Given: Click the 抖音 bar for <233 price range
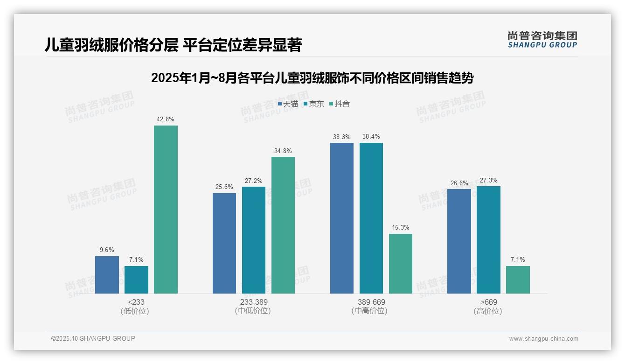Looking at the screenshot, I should [x=166, y=210].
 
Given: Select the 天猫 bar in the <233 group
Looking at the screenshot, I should [x=107, y=275].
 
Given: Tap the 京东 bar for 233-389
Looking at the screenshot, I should [x=254, y=240].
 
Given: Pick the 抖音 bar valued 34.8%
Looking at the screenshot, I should [x=283, y=225].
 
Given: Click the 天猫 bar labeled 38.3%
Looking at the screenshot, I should [x=342, y=218].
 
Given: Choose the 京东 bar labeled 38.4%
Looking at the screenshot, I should [x=371, y=218].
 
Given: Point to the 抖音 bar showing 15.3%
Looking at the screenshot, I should [x=401, y=264].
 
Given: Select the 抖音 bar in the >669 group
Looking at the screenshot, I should [x=518, y=280].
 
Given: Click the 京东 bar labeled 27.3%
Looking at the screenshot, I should [x=488, y=240].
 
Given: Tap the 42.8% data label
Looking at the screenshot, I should [x=166, y=119].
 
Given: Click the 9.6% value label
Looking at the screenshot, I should [x=107, y=250].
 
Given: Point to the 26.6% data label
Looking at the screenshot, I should [x=459, y=183].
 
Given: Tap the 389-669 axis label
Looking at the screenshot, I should [x=371, y=302].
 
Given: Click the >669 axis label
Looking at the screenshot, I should [x=488, y=302].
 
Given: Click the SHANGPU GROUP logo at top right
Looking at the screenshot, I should [x=542, y=40].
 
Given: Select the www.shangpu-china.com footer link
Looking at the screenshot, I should [x=543, y=339].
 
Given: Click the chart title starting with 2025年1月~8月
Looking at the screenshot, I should [x=312, y=78].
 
